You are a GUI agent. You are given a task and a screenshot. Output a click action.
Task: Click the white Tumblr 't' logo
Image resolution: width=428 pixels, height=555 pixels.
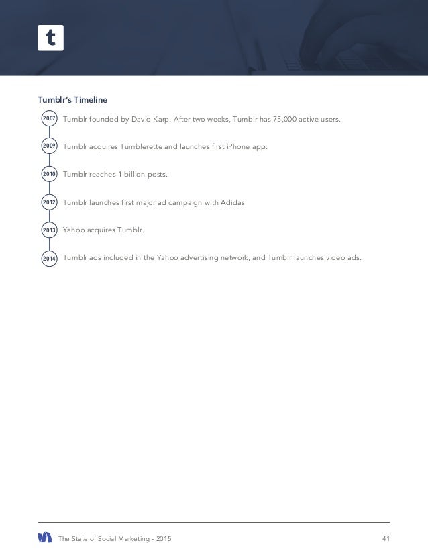pos(50,37)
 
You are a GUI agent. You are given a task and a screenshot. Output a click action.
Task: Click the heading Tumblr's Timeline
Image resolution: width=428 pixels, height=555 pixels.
pos(72,99)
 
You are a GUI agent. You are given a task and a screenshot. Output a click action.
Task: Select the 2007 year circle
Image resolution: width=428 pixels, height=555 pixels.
pos(48,119)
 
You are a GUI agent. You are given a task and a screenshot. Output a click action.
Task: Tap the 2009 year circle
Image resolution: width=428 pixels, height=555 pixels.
pos(48,146)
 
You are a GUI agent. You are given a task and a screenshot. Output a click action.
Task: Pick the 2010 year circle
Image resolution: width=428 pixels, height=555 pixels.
pos(48,174)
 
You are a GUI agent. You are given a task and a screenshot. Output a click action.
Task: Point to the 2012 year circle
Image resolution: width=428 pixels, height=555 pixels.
pos(48,202)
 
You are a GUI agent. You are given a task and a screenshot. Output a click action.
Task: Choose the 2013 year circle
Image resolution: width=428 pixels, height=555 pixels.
pos(48,230)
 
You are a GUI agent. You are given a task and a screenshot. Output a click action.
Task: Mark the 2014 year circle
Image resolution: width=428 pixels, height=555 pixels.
pos(48,258)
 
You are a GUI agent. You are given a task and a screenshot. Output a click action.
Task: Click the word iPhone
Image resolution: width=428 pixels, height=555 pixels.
pos(239,146)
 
